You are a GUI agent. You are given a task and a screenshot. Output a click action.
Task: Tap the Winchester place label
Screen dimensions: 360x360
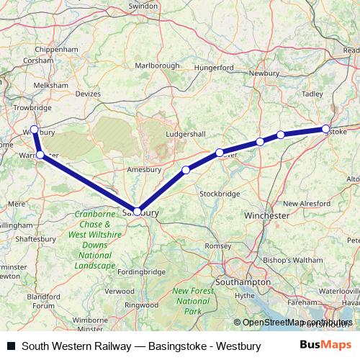click(266, 215)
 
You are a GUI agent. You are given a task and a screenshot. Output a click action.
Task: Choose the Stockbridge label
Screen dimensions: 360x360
click(219, 194)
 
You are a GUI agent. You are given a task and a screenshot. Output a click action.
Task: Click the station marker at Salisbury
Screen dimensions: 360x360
click(137, 211)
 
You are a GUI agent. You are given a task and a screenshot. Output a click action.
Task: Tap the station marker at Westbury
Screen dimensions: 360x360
click(34, 129)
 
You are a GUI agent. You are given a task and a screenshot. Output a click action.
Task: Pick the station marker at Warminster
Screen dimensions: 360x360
click(40, 155)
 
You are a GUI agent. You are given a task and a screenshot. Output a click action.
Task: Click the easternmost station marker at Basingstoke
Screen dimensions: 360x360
click(325, 129)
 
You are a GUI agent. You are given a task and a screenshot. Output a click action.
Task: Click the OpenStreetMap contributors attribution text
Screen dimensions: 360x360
click(297, 323)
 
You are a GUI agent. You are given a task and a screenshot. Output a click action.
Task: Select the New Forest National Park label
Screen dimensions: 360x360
click(192, 300)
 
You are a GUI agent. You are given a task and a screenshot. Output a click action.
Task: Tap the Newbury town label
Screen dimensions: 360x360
click(264, 73)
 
